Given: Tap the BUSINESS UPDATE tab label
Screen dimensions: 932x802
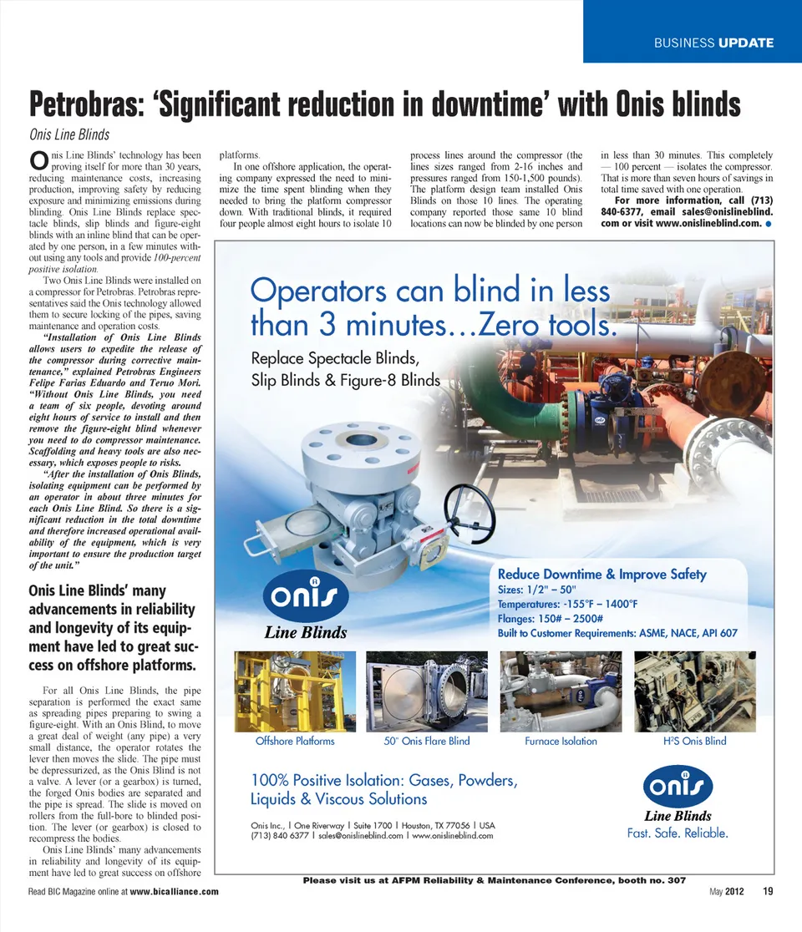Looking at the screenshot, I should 713,43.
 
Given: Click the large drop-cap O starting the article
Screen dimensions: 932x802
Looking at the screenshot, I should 37,159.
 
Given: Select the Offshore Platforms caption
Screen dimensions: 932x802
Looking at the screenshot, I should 295,741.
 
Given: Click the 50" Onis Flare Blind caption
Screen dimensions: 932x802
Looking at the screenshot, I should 427,741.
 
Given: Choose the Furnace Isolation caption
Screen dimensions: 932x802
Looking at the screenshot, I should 561,741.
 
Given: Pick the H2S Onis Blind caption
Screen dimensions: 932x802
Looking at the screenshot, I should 694,741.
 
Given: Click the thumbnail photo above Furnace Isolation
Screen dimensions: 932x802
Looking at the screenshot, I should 561,691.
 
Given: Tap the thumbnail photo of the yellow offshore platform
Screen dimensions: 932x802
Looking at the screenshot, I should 295,691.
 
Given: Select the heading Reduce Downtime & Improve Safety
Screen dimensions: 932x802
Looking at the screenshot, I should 601,575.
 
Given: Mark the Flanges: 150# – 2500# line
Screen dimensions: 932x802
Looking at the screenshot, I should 556,619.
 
